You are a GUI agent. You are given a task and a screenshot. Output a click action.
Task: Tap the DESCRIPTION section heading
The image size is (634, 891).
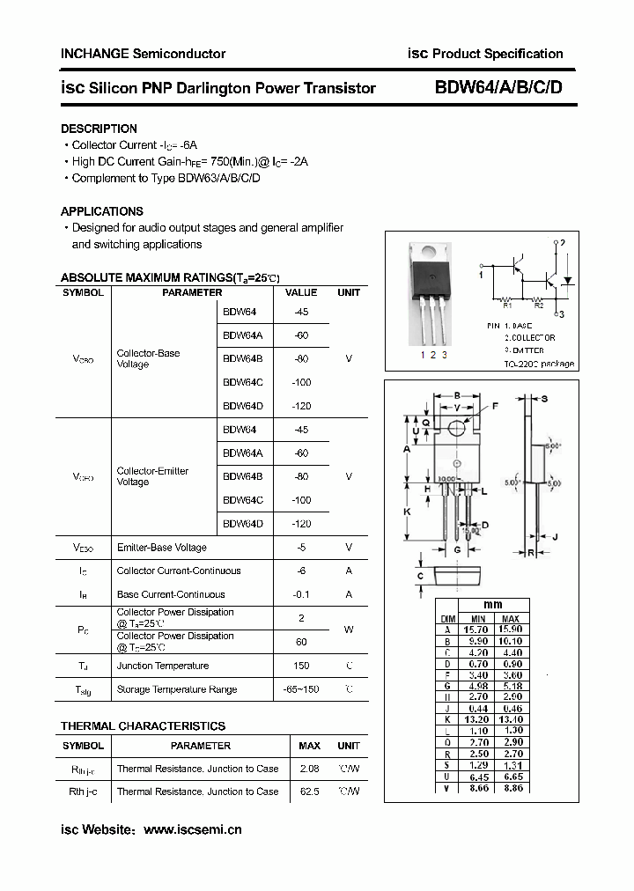pyautogui.click(x=99, y=129)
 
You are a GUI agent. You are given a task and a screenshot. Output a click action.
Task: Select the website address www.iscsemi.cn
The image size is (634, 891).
pyautogui.click(x=192, y=829)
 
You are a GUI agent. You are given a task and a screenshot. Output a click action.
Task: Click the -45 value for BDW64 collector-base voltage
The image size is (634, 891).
pyautogui.click(x=301, y=312)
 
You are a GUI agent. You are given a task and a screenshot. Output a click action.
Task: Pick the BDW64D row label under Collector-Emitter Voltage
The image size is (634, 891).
pyautogui.click(x=243, y=524)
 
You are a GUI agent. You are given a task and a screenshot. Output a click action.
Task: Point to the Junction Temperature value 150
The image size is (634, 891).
pyautogui.click(x=301, y=666)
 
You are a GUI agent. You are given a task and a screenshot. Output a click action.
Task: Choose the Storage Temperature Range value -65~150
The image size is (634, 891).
pyautogui.click(x=301, y=689)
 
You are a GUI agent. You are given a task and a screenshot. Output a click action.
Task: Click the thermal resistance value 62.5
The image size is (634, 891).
pyautogui.click(x=309, y=792)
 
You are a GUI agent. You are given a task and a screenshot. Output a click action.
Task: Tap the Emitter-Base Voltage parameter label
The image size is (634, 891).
pyautogui.click(x=162, y=548)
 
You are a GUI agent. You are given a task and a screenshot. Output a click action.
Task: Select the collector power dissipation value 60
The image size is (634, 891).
pyautogui.click(x=301, y=642)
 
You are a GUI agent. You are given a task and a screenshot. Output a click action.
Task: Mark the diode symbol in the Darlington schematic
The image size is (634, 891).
pyautogui.click(x=571, y=280)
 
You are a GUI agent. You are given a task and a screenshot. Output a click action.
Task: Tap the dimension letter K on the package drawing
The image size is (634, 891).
pyautogui.click(x=407, y=512)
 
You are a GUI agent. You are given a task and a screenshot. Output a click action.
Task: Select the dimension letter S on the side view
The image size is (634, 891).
pyautogui.click(x=544, y=399)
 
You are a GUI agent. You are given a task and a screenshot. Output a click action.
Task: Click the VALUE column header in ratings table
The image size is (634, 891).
pyautogui.click(x=301, y=292)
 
